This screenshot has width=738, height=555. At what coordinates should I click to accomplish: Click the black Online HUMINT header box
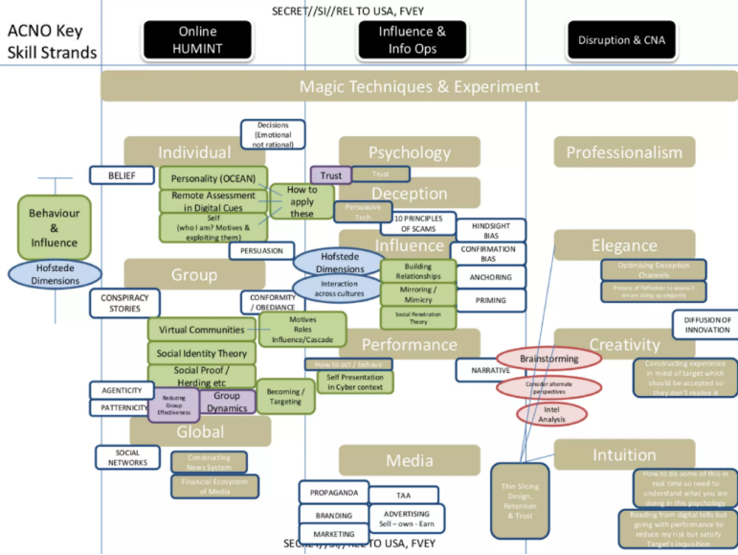pos(197,40)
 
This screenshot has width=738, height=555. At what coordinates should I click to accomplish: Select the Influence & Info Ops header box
pos(413,40)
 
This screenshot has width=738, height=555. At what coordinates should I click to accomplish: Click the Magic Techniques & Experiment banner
pos(419,86)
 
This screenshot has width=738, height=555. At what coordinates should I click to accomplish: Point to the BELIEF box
pos(122,175)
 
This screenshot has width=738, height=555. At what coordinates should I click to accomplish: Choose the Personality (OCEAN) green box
pos(213,178)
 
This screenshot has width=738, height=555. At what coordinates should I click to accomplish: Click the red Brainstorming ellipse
pos(548,358)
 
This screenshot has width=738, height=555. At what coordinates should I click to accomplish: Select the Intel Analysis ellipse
pos(550,413)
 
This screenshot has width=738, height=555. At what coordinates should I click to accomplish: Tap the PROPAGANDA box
pos(333,493)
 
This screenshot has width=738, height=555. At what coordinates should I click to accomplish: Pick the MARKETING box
pos(333,534)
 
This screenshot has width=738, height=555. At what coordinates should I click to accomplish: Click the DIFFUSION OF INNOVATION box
pos(706,325)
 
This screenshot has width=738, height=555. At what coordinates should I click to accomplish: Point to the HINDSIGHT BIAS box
pos(490,230)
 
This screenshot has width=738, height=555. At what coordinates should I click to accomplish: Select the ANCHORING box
pos(490,278)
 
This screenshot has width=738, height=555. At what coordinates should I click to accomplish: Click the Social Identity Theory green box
pos(202,354)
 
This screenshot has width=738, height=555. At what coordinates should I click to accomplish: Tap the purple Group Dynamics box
pos(227,402)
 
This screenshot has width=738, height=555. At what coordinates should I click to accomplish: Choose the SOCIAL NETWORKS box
pos(127,457)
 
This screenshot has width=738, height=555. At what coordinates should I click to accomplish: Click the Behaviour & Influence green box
pos(55,227)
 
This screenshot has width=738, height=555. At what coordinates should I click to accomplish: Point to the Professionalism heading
pos(624,152)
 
